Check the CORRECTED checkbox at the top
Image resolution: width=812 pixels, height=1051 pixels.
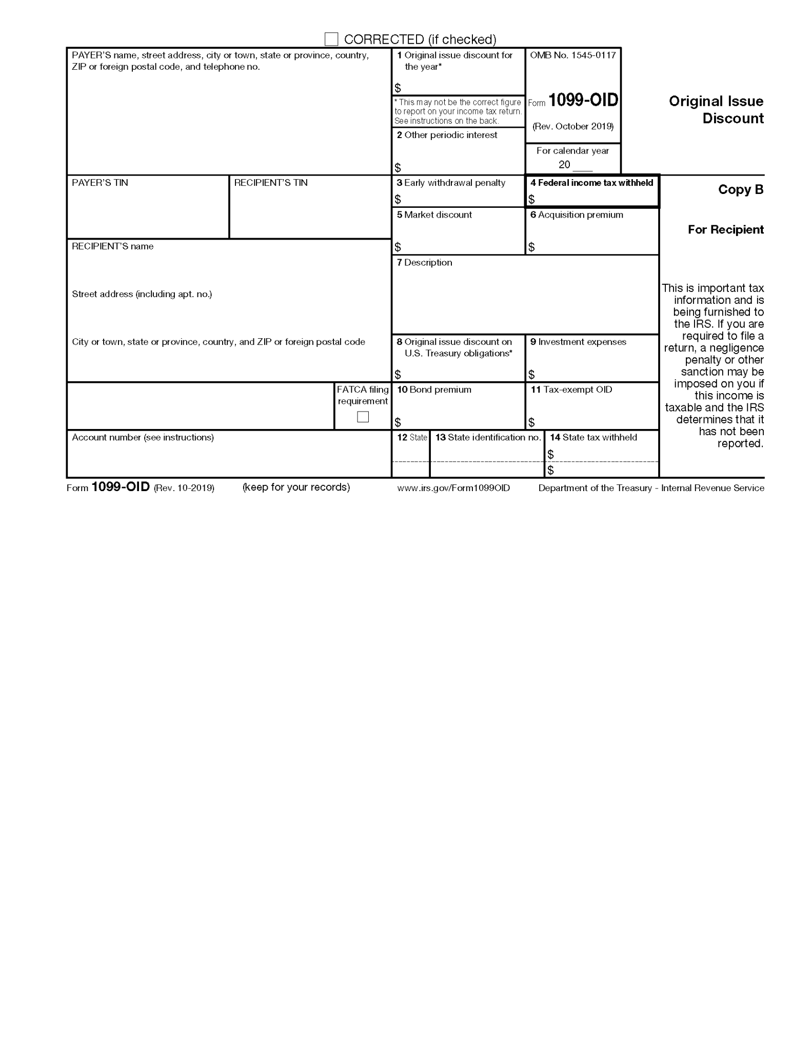point(331,39)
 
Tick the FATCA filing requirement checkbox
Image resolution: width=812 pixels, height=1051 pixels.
point(363,417)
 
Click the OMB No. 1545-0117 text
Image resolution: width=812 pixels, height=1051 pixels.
point(572,55)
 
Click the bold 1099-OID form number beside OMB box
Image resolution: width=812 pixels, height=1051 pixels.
point(583,100)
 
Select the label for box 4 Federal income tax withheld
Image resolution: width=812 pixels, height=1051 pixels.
point(591,183)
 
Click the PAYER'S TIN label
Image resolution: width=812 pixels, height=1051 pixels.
point(100,183)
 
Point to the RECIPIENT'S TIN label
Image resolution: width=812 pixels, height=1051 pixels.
point(271,183)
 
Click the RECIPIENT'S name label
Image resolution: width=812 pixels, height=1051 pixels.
point(112,246)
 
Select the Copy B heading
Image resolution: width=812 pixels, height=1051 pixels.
point(740,190)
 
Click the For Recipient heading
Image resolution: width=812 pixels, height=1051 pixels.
point(725,230)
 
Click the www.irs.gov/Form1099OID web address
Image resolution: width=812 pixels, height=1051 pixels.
point(453,488)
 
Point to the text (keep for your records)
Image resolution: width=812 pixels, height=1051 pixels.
point(296,487)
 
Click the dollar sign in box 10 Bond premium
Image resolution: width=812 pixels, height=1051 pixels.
point(398,422)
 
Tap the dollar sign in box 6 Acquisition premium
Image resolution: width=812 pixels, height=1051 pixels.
point(531,247)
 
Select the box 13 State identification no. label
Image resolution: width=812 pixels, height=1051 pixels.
point(488,438)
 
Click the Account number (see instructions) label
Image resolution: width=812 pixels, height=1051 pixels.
point(143,438)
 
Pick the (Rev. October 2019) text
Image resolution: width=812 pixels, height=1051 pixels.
point(572,127)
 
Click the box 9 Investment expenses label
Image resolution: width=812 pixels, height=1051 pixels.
point(578,342)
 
